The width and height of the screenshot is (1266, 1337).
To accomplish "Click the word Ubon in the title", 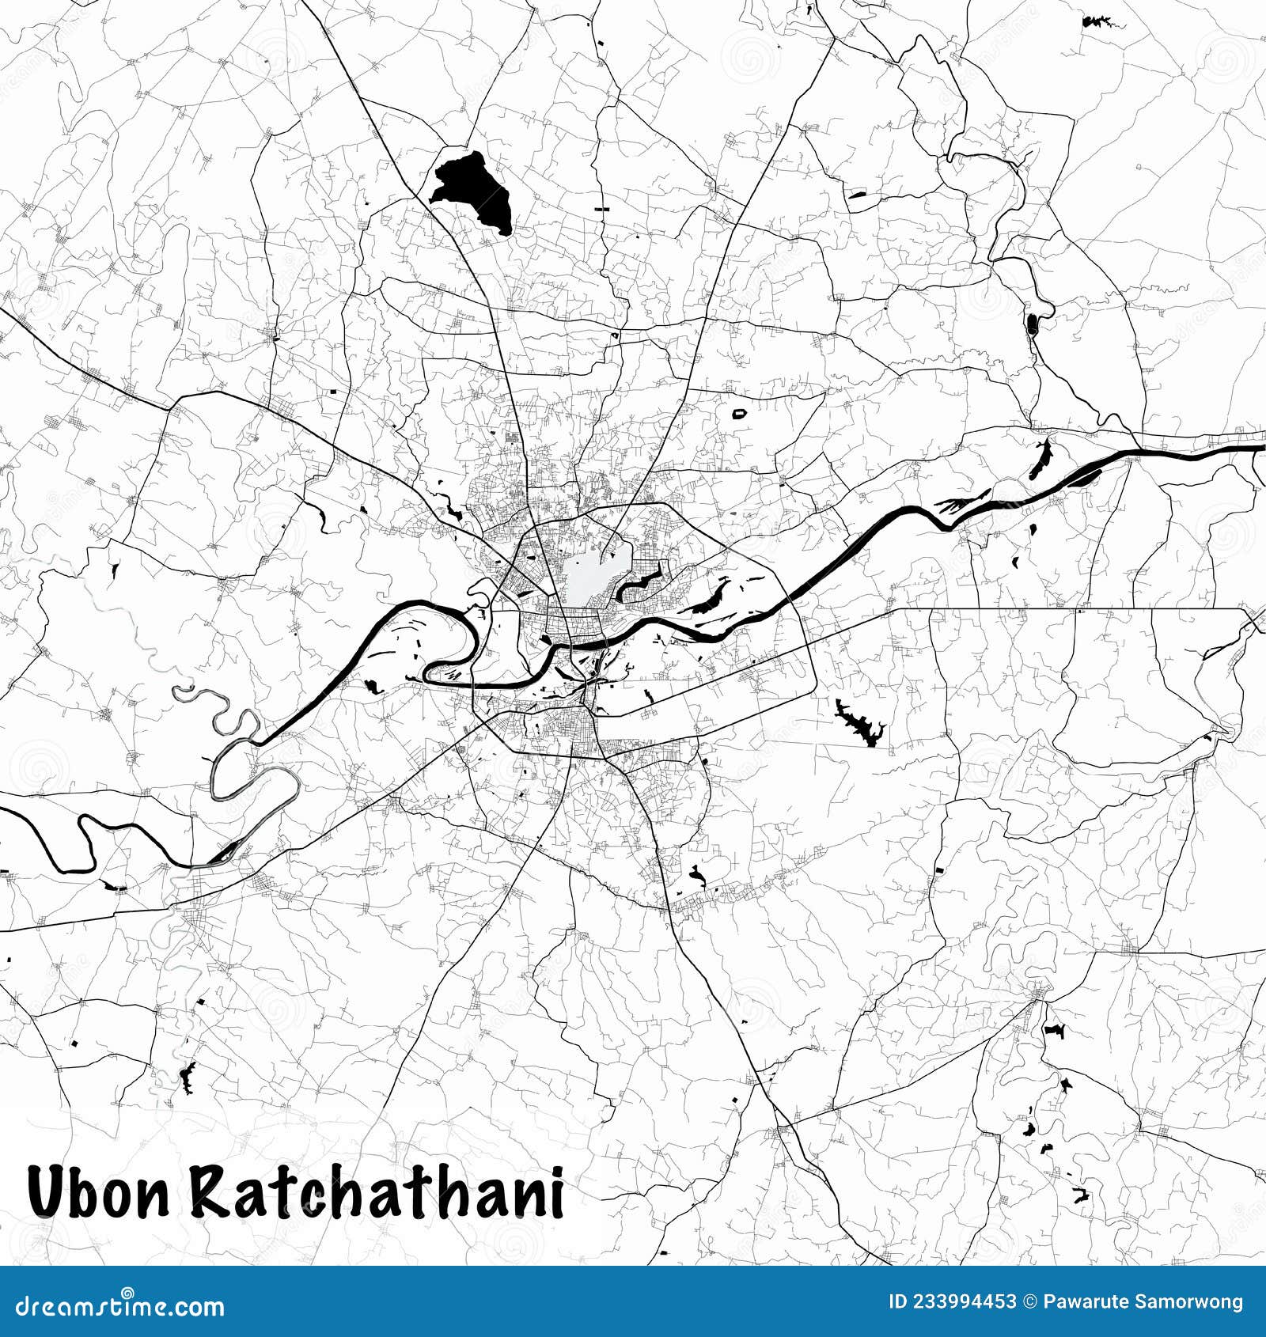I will pyautogui.click(x=99, y=1192).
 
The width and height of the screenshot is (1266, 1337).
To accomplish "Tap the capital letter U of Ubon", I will pyautogui.click(x=47, y=1192).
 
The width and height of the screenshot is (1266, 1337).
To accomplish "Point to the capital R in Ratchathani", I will pyautogui.click(x=210, y=1192).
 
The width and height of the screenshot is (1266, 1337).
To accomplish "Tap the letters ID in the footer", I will pyautogui.click(x=897, y=1301).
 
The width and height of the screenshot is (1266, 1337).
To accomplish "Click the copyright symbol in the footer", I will pyautogui.click(x=1030, y=1301).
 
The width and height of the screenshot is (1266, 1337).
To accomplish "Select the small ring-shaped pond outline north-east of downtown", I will pyautogui.click(x=740, y=413).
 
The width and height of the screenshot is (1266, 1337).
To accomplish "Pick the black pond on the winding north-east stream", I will pyautogui.click(x=1032, y=324).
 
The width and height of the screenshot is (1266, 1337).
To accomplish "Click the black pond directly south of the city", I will pyautogui.click(x=697, y=874).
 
